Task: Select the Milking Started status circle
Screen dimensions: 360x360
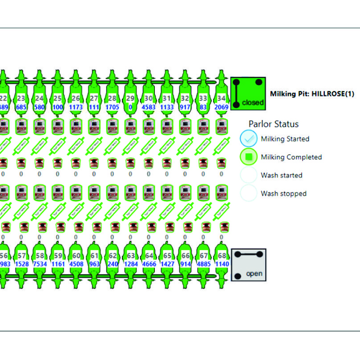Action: click(248, 139)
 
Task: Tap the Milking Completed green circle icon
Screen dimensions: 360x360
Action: click(248, 157)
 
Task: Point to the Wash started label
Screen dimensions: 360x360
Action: click(281, 175)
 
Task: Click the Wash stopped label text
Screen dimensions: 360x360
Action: click(283, 194)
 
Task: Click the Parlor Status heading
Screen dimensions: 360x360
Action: click(273, 124)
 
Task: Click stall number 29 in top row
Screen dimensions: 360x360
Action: click(130, 98)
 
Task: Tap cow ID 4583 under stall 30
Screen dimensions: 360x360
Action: click(149, 107)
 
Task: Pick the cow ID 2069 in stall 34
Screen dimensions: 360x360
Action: click(221, 107)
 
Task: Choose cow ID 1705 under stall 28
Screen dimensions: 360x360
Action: click(112, 107)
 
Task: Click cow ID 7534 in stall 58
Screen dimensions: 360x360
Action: click(40, 264)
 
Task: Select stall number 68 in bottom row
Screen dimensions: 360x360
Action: click(222, 256)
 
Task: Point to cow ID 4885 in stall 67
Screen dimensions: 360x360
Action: click(203, 264)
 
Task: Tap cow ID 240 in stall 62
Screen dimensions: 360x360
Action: click(112, 264)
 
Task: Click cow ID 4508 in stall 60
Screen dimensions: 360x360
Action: click(76, 264)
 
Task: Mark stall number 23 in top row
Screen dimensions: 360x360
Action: click(21, 98)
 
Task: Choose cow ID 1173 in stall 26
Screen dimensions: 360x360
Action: click(76, 107)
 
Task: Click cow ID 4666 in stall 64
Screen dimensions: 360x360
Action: click(149, 264)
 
